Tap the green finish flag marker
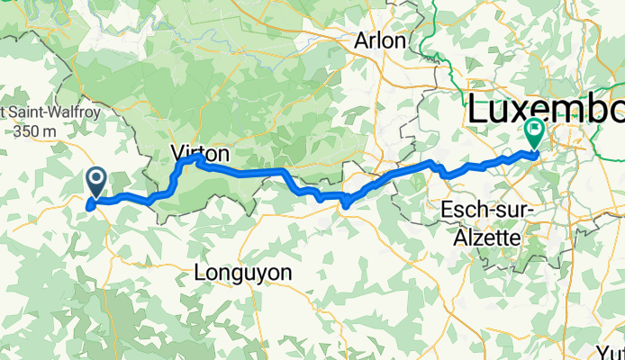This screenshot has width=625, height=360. point(534,134)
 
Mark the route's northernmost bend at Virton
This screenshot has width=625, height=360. point(198,157)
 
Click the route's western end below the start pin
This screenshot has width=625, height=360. point(88,207)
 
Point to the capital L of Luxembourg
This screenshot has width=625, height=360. point(476,111)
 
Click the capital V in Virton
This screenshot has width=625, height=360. point(177,154)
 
